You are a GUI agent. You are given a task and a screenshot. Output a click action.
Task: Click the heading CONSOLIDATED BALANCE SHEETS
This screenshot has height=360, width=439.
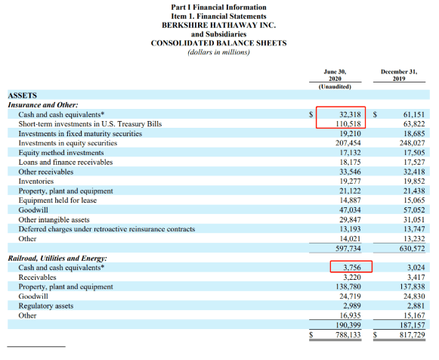pos(218,43)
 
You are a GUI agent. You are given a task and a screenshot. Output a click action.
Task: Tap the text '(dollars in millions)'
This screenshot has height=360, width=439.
pos(218,52)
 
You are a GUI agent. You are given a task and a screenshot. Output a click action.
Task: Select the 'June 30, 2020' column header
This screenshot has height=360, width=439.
pos(335,75)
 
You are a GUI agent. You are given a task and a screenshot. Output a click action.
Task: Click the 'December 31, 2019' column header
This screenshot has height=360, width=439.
pos(399,75)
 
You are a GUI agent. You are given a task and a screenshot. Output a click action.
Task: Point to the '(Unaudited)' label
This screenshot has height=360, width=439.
pos(335,86)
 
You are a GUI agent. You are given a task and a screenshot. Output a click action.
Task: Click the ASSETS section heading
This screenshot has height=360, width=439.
pos(23,95)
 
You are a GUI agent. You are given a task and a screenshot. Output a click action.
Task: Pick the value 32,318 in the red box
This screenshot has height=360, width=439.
pos(350,115)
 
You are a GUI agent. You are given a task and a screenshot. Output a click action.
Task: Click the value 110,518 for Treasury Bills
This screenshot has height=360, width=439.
pos(348,124)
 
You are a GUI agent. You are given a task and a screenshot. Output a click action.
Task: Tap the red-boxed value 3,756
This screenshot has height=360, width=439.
pos(352,268)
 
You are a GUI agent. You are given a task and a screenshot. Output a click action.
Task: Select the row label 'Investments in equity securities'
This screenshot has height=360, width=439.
pos(68,143)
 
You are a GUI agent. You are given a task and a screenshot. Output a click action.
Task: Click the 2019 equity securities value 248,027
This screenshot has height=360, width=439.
pos(412,143)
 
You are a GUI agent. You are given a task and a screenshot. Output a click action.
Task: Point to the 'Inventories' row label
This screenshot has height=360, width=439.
pos(36,182)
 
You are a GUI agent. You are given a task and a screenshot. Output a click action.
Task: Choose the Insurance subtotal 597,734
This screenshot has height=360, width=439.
pos(348,249)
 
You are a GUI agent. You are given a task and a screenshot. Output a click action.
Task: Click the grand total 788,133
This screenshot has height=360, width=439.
pos(348,335)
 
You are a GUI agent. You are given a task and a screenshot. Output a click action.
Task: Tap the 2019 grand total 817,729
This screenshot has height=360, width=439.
pos(412,335)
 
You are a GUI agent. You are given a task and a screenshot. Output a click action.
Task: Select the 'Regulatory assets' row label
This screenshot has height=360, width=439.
pos(46,306)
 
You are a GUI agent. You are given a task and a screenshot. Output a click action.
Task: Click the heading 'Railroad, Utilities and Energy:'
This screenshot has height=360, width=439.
pos(57,259)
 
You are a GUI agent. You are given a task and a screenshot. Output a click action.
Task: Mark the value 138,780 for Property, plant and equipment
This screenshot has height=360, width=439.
pos(348,287)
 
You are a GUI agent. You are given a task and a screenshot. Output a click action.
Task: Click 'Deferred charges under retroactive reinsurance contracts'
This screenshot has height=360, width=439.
pos(107,229)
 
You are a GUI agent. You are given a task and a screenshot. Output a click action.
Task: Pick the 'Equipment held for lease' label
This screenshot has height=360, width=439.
pos(57,200)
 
